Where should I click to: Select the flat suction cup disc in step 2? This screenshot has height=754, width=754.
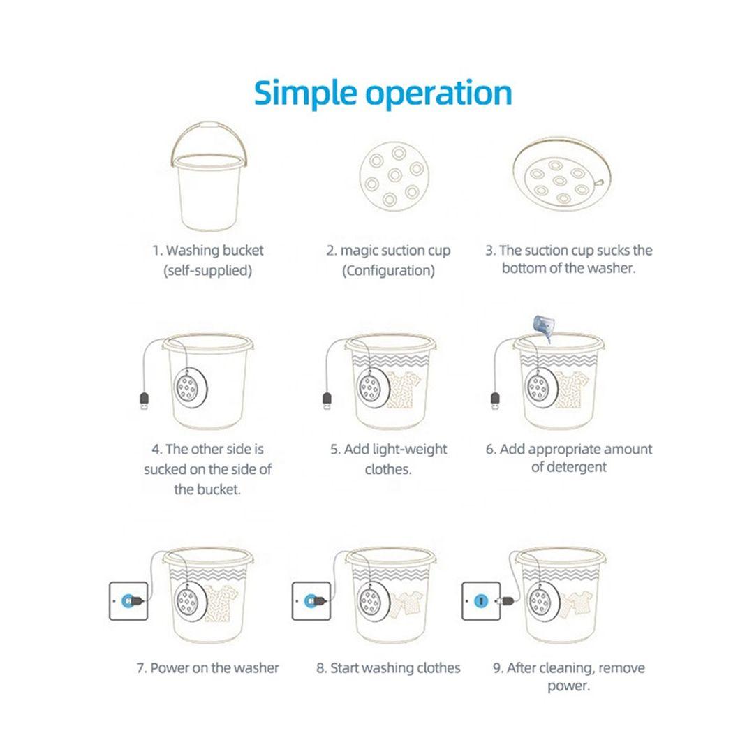coord(394,175)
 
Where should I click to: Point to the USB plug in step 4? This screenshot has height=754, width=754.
coord(144,401)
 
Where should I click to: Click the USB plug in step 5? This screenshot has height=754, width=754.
coord(327,401)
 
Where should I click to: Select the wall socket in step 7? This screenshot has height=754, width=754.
coord(128,600)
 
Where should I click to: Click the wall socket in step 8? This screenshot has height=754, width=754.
coord(311,600)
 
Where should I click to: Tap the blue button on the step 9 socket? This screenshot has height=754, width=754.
coord(481,600)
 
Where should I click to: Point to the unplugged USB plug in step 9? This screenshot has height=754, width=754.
coord(506,600)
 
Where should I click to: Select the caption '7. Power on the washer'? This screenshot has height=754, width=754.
coord(208,668)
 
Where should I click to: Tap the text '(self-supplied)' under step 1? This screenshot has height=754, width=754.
coord(208,271)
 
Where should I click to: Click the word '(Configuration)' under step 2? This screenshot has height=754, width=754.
coord(389,271)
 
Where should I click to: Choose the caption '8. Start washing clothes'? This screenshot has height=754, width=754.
coord(389,668)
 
